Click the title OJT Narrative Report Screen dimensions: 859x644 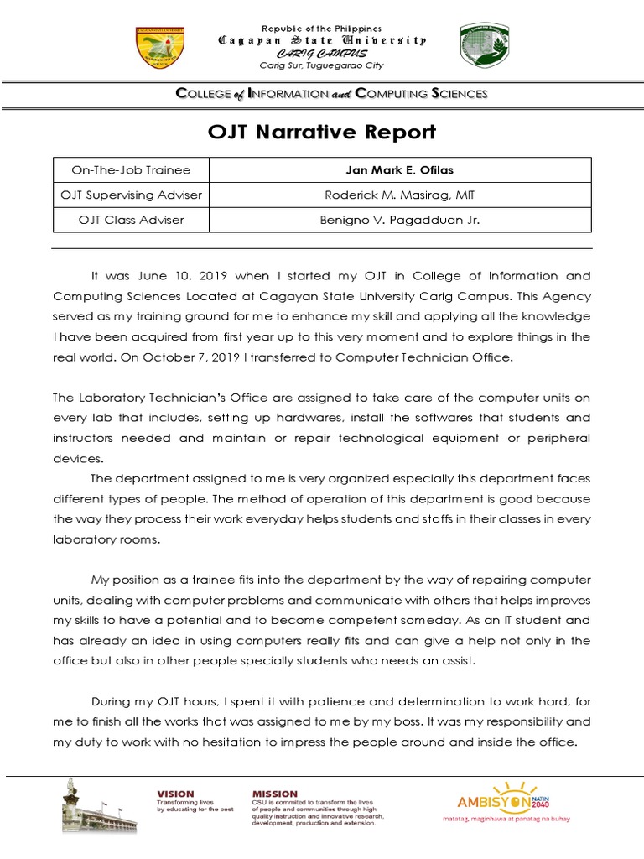pyautogui.click(x=322, y=133)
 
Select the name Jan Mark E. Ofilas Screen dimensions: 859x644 pyautogui.click(x=399, y=170)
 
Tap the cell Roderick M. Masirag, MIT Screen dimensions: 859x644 pyautogui.click(x=399, y=195)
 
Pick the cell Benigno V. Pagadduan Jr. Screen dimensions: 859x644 pyautogui.click(x=399, y=220)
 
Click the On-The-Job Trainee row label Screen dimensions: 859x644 pyautogui.click(x=131, y=170)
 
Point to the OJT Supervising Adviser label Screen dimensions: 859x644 pyautogui.click(x=131, y=195)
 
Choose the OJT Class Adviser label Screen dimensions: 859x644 pyautogui.click(x=131, y=220)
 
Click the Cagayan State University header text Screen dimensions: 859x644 pyautogui.click(x=322, y=40)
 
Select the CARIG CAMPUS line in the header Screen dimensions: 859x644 pyautogui.click(x=322, y=53)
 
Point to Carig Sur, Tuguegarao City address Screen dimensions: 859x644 pyautogui.click(x=322, y=65)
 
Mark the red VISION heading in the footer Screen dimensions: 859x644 pyautogui.click(x=175, y=794)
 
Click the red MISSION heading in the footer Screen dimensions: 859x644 pyautogui.click(x=275, y=794)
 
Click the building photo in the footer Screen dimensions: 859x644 pyautogui.click(x=99, y=807)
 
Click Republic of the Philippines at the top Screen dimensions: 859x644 pyautogui.click(x=322, y=29)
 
